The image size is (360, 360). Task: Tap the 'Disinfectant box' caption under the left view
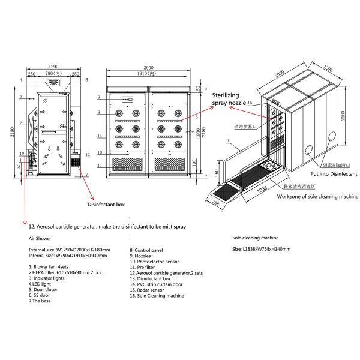[106, 205]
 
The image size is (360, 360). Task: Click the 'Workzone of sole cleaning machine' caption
[317, 196]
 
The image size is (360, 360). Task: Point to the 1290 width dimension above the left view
[53, 67]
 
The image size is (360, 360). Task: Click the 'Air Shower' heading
[40, 238]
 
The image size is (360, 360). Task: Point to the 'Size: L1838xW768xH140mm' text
[261, 249]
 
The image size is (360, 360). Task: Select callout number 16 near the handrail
[229, 140]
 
